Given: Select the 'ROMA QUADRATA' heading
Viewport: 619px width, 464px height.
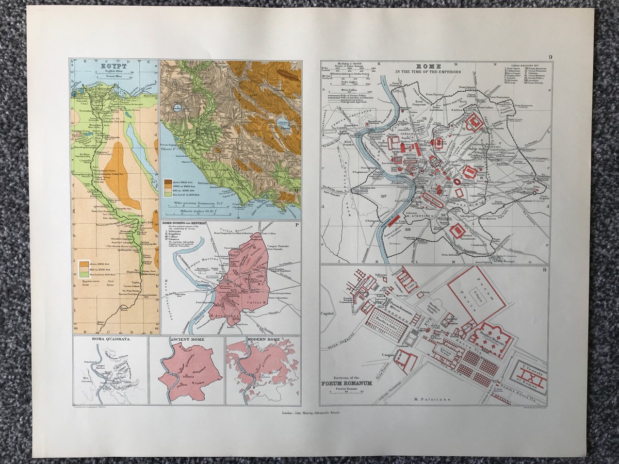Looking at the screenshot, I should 109,340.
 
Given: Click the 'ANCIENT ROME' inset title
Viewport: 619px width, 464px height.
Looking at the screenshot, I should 186,340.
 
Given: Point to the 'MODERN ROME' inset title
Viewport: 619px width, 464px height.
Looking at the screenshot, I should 263,340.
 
